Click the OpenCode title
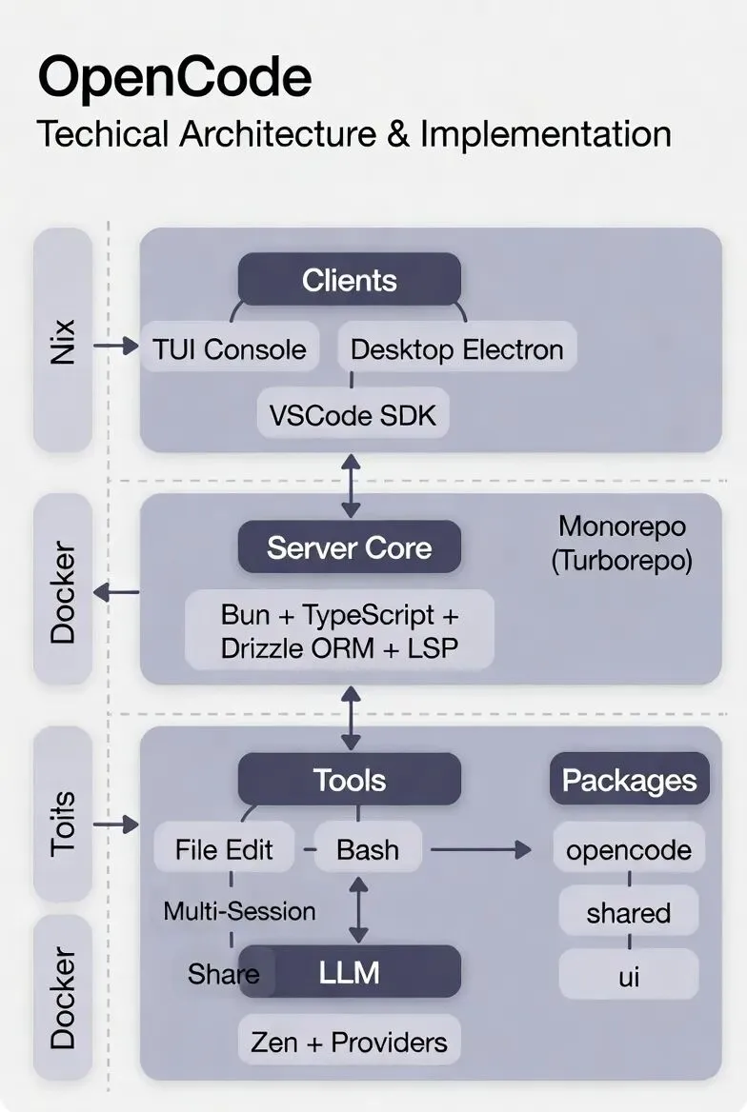coord(174,78)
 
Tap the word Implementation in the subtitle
coord(545,133)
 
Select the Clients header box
coord(349,280)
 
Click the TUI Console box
coord(230,349)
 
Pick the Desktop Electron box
coord(456,349)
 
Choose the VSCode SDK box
coord(353,416)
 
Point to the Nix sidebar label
coord(63,340)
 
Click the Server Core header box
coord(349,547)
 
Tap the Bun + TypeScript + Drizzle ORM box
coord(339,630)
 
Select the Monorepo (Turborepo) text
coord(621,543)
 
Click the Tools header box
coord(349,780)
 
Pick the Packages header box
coord(629,780)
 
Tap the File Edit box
coord(224,849)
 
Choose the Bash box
coord(368,849)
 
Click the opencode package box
coord(629,849)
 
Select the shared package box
coord(629,913)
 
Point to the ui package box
coord(629,977)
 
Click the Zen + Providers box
coord(349,1042)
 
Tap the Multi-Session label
coord(239,911)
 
